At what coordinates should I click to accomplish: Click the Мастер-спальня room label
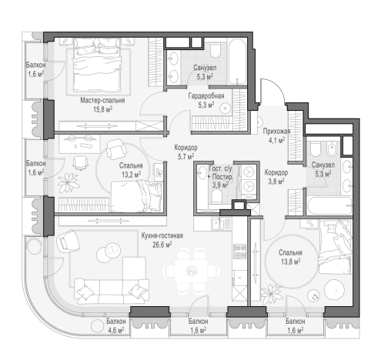tap(102, 100)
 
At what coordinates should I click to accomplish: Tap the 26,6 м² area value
tap(162, 245)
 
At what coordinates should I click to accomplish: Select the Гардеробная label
tap(206, 96)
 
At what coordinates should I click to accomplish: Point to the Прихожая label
tap(276, 132)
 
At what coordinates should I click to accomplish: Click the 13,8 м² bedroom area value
tap(290, 262)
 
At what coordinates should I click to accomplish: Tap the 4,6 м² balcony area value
tap(115, 330)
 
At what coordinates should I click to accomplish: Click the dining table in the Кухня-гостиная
tap(191, 271)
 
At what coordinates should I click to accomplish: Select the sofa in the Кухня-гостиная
tap(112, 292)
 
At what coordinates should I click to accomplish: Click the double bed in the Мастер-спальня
tap(97, 65)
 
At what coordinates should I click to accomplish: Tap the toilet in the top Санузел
tap(216, 50)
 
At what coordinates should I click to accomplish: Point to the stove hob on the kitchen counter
tap(239, 252)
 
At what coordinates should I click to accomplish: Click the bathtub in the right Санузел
tap(329, 205)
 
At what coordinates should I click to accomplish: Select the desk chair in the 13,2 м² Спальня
tap(80, 163)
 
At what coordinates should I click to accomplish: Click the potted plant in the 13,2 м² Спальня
tap(68, 182)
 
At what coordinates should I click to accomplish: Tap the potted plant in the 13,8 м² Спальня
tap(272, 294)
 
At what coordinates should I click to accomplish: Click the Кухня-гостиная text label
tap(162, 235)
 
